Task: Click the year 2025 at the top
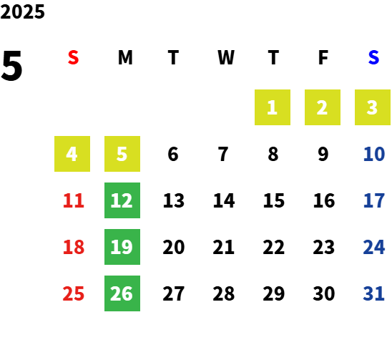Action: (22, 11)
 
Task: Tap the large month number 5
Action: (11, 66)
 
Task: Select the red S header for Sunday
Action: (73, 57)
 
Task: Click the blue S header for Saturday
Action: (373, 57)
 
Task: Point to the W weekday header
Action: (226, 57)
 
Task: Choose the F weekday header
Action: (323, 57)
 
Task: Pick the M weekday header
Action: (125, 57)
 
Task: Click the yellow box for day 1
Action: (273, 107)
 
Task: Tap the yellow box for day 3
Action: (373, 107)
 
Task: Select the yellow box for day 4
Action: (72, 154)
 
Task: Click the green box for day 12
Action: (122, 200)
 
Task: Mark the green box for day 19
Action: (122, 247)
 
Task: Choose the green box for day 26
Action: (122, 293)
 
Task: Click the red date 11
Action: (74, 200)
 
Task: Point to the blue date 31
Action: (373, 293)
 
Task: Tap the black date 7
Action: (223, 154)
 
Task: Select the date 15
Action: (274, 200)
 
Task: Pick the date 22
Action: (274, 247)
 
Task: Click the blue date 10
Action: (374, 154)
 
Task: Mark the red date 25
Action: (74, 293)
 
